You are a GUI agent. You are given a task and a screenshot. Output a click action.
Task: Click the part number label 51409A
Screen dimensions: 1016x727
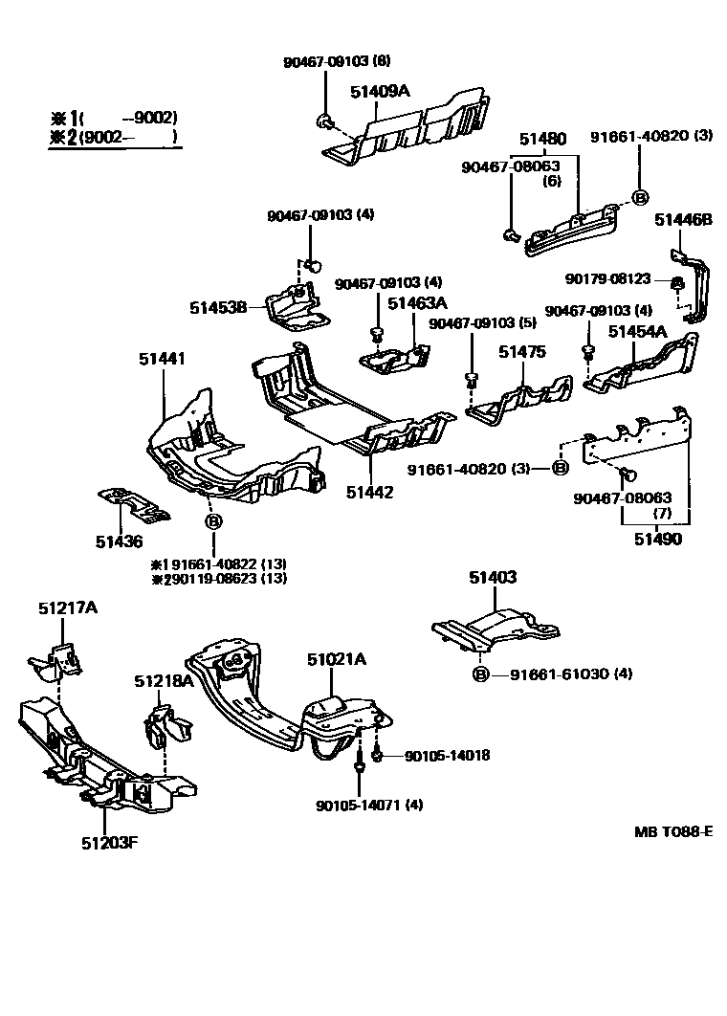tap(380, 92)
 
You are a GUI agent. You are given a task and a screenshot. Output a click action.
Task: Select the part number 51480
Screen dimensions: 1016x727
tap(542, 139)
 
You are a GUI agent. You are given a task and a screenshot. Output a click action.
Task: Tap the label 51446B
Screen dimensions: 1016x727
tap(683, 220)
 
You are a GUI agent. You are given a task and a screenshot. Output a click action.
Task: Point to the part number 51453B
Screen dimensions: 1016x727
tap(218, 307)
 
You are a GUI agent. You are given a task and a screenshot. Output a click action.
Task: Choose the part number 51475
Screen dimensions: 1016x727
tap(521, 352)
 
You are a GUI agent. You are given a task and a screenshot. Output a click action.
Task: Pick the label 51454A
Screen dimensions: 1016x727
tap(638, 331)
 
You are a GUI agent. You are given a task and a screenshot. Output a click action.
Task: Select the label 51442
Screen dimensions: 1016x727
tap(370, 492)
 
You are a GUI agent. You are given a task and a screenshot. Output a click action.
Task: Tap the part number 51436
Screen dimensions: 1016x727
tap(119, 541)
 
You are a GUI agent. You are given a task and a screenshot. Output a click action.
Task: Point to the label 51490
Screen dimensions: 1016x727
tap(657, 540)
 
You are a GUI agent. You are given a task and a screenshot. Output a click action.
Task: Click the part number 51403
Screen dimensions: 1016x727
tap(493, 577)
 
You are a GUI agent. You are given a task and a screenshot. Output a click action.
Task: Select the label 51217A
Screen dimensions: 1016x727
tap(68, 607)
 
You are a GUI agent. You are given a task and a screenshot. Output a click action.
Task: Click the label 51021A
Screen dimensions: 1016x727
tap(337, 659)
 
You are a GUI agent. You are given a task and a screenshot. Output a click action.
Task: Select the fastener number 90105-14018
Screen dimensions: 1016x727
tap(447, 755)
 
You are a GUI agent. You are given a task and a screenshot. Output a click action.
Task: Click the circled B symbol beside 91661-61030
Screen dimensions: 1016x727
tap(481, 674)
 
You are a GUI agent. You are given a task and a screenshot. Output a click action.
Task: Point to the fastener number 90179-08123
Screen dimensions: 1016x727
tap(607, 279)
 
